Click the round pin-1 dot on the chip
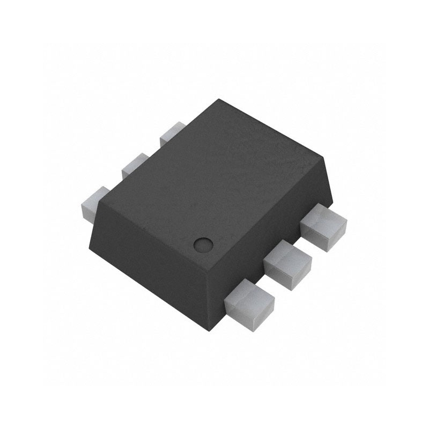202,244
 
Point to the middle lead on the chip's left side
135,166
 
